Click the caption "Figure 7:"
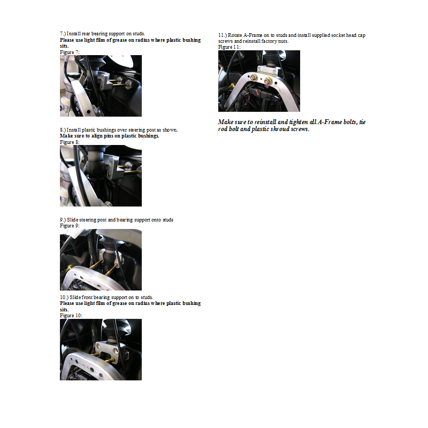tap(70, 52)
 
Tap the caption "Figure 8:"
tap(70, 142)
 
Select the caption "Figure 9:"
tap(70, 226)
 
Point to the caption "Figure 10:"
tap(71, 316)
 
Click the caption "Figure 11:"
tap(230, 47)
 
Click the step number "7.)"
tap(63, 34)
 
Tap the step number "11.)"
tap(223, 35)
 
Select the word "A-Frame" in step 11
tap(253, 35)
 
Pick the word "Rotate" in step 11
tap(235, 35)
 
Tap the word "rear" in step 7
tap(86, 34)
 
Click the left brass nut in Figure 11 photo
tap(254, 78)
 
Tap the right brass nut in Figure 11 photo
tap(268, 80)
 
